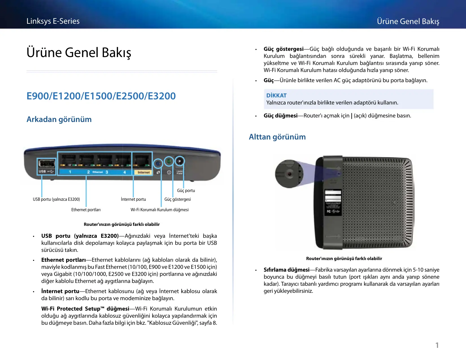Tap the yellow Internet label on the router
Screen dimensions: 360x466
point(144,172)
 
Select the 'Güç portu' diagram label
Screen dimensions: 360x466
point(186,191)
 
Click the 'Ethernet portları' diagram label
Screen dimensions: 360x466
point(86,210)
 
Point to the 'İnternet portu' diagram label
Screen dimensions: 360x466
point(133,199)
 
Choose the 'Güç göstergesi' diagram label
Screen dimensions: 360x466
point(177,199)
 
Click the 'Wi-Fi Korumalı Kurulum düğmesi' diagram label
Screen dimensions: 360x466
point(160,210)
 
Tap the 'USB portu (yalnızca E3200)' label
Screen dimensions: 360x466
point(56,199)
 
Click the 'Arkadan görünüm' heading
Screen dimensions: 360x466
point(59,119)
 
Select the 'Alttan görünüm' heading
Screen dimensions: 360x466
point(277,137)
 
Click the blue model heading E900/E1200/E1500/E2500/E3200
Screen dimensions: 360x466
point(101,96)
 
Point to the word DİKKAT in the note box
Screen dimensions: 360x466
point(276,95)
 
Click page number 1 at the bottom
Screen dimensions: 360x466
point(437,345)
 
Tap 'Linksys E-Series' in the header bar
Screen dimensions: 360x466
point(53,21)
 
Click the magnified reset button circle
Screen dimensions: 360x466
point(289,174)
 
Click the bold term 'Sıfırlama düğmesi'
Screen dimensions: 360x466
point(286,270)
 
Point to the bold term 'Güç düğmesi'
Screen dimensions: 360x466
point(280,115)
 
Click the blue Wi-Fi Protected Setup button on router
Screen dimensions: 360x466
point(158,163)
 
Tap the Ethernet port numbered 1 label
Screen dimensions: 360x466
point(70,172)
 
